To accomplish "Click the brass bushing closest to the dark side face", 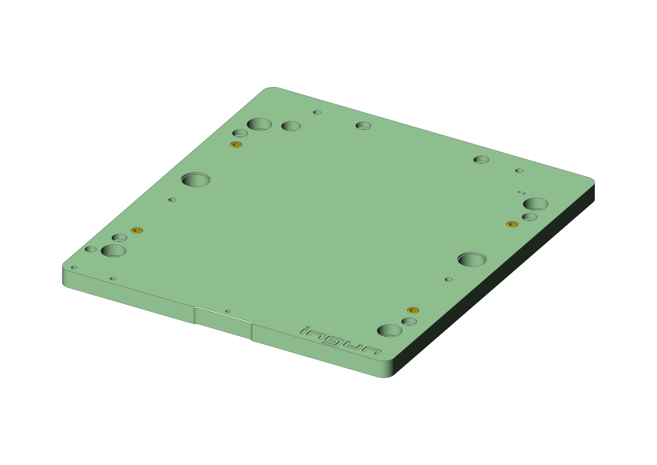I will (x=512, y=224).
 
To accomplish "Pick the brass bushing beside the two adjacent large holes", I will (x=236, y=145).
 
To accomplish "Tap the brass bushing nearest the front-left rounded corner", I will (x=137, y=230).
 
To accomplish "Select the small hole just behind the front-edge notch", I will (x=228, y=311).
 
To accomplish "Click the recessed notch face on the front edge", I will (x=223, y=324).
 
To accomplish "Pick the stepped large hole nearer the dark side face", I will (x=472, y=259).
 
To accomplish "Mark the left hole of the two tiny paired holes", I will (x=519, y=192).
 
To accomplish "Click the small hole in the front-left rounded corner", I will (x=74, y=267).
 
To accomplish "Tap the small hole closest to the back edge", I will (x=317, y=112).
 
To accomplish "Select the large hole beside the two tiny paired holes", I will (x=535, y=204).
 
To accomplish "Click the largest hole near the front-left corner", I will (x=113, y=251).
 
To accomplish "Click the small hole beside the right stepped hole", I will (x=449, y=279).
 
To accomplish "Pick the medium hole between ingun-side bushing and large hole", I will (x=409, y=321).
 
